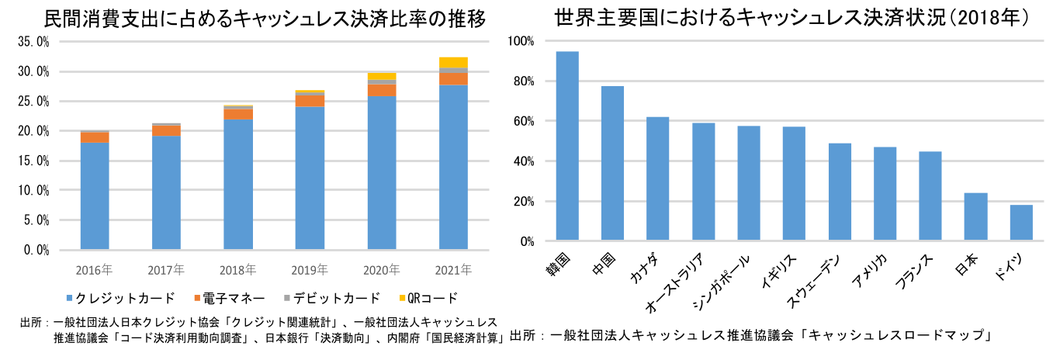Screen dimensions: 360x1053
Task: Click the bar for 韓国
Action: [x=567, y=146]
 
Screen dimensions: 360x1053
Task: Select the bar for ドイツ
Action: [x=1021, y=223]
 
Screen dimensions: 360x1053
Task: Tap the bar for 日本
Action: [x=976, y=216]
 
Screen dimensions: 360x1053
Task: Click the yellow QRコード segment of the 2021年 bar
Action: [x=453, y=63]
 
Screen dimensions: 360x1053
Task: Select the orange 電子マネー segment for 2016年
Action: [x=95, y=137]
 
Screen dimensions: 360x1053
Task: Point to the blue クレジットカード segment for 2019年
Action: [x=310, y=178]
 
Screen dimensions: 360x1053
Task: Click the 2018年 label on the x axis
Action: [x=238, y=271]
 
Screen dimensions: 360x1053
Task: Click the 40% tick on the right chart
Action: [x=522, y=161]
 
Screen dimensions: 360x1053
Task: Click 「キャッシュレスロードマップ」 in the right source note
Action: [x=899, y=336]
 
